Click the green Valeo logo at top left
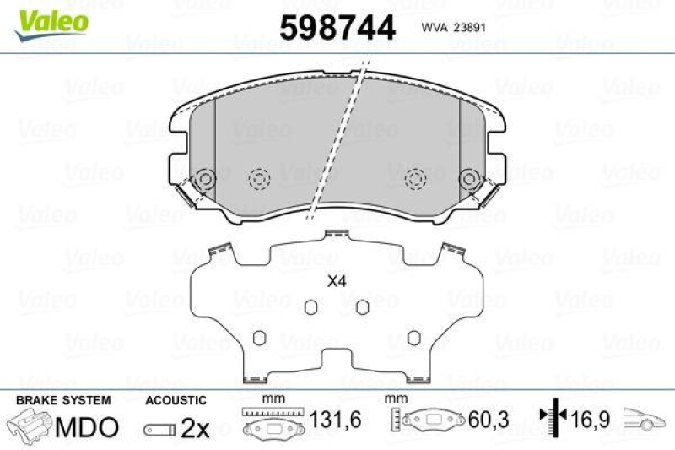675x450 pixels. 52,18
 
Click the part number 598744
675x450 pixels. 337,27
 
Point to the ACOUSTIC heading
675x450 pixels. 175,399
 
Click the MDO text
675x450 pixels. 86,427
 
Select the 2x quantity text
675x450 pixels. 195,428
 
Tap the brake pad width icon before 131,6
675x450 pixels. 267,423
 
